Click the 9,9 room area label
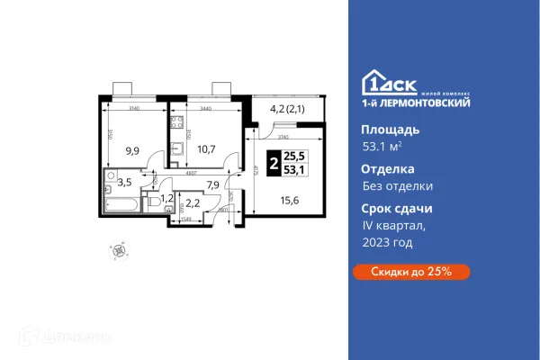pyautogui.click(x=132, y=150)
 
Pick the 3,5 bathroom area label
pyautogui.click(x=124, y=181)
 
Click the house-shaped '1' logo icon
pyautogui.click(x=373, y=81)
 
